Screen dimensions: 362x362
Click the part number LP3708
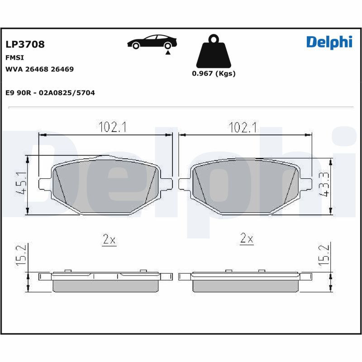point(25,44)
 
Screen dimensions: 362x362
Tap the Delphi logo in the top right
point(329,42)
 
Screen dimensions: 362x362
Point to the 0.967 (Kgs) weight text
point(214,74)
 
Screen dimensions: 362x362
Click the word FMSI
point(14,58)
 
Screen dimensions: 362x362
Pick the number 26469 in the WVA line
point(62,69)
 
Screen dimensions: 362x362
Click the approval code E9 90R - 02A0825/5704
point(50,92)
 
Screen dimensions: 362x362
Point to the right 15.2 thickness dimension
point(324,256)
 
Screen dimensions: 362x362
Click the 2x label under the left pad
point(109,239)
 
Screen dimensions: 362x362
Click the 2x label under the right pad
point(247,239)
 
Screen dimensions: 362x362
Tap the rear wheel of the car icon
point(168,45)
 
